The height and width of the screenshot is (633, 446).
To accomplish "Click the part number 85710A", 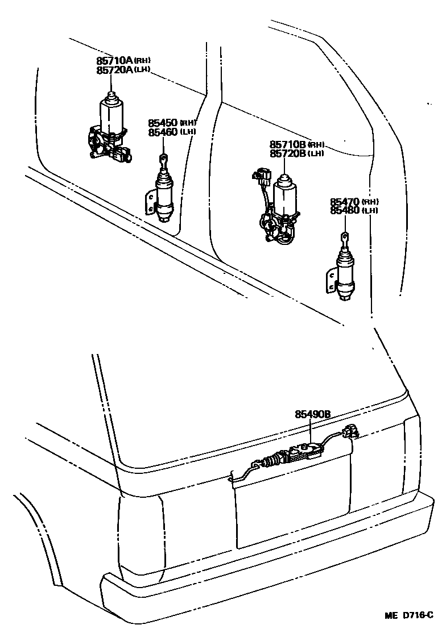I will (x=114, y=60).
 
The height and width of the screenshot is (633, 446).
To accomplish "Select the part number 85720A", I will (x=114, y=69).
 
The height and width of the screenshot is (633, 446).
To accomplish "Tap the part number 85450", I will (x=163, y=123).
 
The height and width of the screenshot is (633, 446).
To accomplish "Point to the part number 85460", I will (x=163, y=132).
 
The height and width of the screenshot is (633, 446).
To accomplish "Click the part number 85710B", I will (x=289, y=144).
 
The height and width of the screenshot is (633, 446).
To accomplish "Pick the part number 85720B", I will (x=289, y=153).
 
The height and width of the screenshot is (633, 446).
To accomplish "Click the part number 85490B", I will (x=312, y=415).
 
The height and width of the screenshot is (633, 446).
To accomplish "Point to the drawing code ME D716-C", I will (x=409, y=615).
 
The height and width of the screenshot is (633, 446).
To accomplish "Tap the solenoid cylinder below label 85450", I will (x=164, y=196).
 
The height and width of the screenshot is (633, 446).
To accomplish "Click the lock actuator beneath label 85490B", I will (x=296, y=455).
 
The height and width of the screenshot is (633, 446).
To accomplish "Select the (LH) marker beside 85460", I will (x=188, y=132).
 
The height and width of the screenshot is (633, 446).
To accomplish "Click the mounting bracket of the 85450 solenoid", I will (x=150, y=203).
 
